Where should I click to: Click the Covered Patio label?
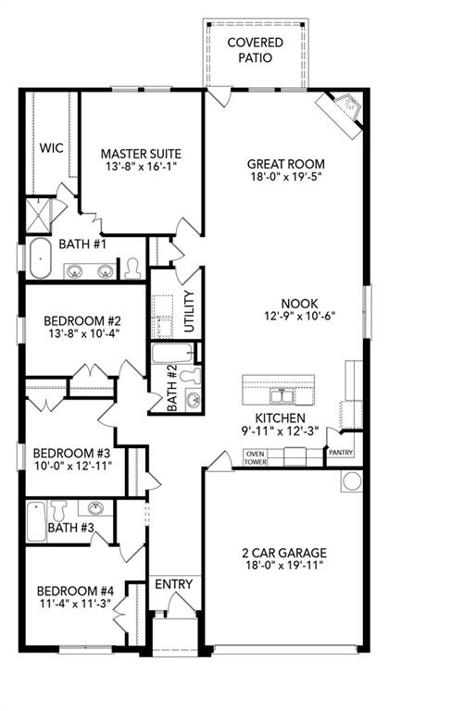click(x=255, y=50)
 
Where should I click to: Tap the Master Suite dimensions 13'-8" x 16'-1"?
click(x=141, y=168)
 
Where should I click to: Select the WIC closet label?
click(x=50, y=147)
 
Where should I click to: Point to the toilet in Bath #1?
click(x=133, y=268)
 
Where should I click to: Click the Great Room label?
click(x=286, y=165)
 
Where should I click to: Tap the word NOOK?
click(x=300, y=303)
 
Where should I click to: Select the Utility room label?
click(x=189, y=312)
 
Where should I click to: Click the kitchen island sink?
click(x=278, y=396)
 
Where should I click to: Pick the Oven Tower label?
click(x=255, y=456)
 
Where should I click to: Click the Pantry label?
click(x=340, y=453)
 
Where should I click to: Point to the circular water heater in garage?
click(x=352, y=481)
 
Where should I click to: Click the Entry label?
click(x=173, y=584)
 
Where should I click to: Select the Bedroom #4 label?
click(x=74, y=591)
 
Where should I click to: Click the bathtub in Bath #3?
click(x=36, y=522)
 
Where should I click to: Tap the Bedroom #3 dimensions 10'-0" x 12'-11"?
click(x=71, y=466)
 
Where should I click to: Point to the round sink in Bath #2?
click(x=194, y=401)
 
